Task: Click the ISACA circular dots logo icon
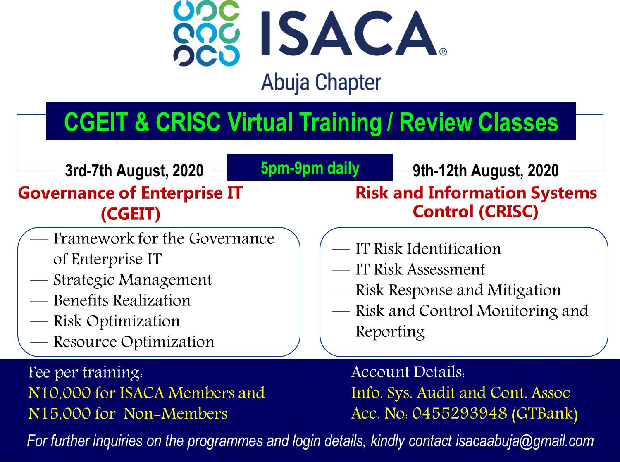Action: tap(207, 33)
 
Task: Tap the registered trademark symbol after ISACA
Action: tap(443, 52)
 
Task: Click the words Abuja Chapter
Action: tap(321, 83)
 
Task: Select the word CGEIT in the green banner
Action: tap(96, 122)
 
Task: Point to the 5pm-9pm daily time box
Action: tap(310, 167)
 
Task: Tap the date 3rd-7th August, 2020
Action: tap(134, 171)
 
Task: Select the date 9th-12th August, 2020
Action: tap(486, 171)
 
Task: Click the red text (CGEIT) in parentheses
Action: tap(131, 214)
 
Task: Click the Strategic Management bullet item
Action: tap(133, 280)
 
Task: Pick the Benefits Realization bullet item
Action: tap(122, 300)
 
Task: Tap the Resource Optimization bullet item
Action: tap(134, 342)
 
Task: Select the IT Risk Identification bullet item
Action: tap(428, 249)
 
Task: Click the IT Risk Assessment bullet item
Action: tap(420, 269)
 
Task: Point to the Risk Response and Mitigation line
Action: tap(458, 291)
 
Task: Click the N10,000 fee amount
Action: tap(60, 393)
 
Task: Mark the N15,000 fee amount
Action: tap(60, 414)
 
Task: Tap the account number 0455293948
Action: tap(460, 413)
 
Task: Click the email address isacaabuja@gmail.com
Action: tap(525, 441)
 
